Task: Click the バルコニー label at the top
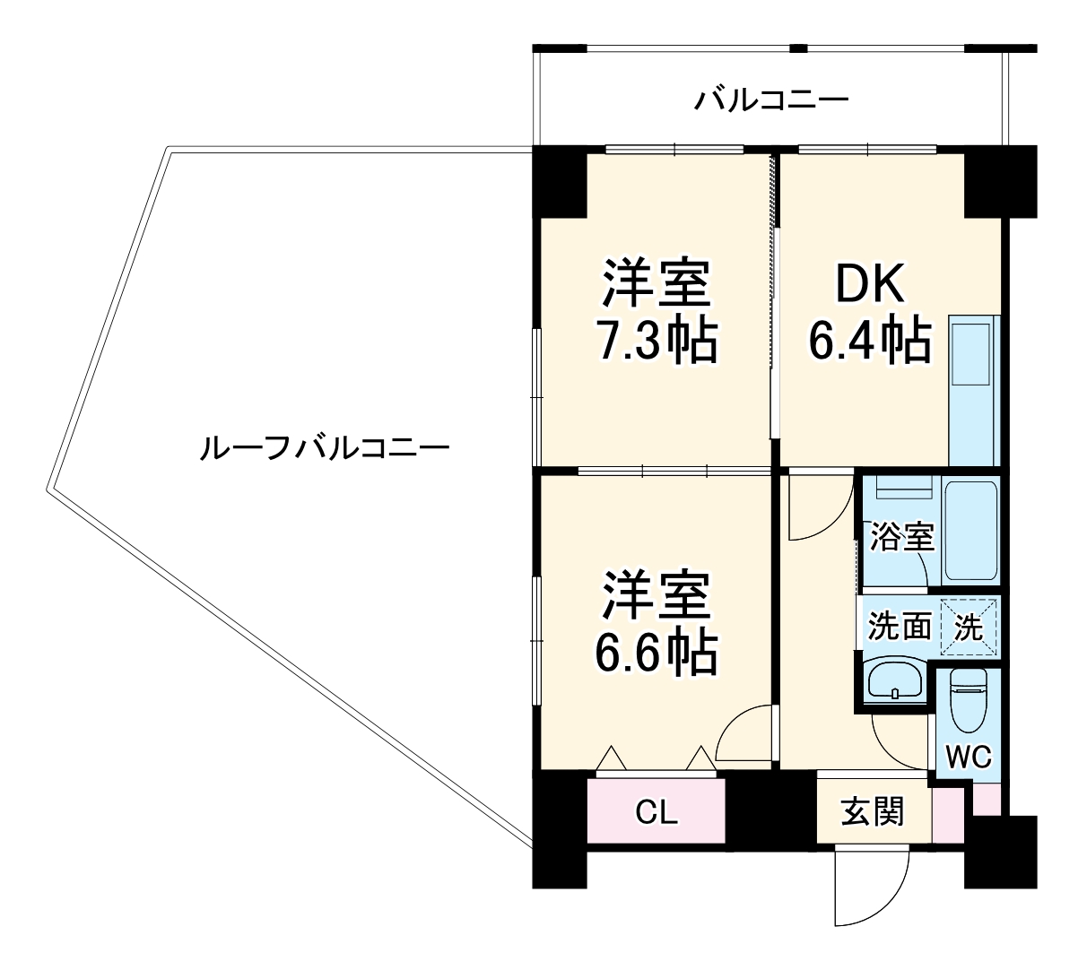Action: [x=771, y=99]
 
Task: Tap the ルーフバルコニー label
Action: [x=324, y=446]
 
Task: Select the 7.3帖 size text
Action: [x=656, y=341]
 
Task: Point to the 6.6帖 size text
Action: [x=656, y=654]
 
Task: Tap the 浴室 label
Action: [x=902, y=538]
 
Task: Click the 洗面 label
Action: [x=900, y=626]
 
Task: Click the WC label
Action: [x=969, y=758]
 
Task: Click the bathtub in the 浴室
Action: [x=971, y=532]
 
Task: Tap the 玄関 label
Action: [x=873, y=812]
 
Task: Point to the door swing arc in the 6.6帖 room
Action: [x=743, y=735]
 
